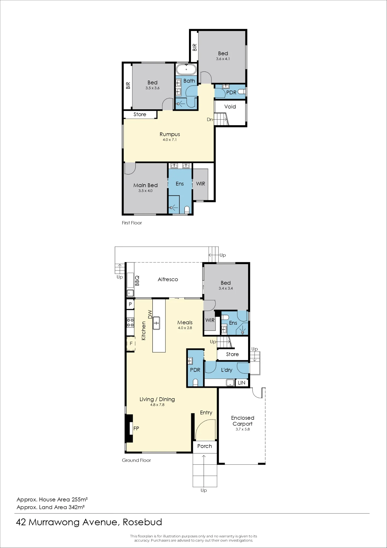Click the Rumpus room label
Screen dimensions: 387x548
coord(170,134)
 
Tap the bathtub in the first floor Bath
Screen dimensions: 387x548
coord(186,69)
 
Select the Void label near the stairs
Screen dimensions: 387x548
coord(230,107)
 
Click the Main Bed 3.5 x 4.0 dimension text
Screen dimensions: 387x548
coord(145,191)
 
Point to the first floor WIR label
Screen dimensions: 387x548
coord(200,184)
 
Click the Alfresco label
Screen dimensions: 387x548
coord(168,279)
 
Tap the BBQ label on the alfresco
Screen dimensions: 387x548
coord(137,281)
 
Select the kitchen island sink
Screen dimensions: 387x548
coord(156,323)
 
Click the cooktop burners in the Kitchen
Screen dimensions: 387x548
coord(130,323)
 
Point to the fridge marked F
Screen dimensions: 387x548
coord(131,344)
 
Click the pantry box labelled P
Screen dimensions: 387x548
coord(130,304)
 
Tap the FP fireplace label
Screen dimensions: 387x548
coord(136,428)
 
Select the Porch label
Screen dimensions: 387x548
coord(205,446)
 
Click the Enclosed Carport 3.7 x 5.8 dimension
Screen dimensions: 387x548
coord(243,429)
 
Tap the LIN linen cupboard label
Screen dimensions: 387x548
coord(241,383)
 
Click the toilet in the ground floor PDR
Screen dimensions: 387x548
coord(195,383)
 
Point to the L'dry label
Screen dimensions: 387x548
coord(226,370)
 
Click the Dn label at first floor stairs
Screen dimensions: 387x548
coord(210,119)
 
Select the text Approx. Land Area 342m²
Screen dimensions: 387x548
coord(51,507)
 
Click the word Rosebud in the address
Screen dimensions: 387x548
coord(142,522)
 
